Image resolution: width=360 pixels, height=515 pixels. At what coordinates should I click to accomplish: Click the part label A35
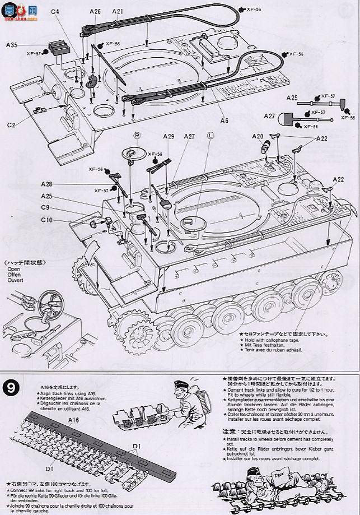pos(12,45)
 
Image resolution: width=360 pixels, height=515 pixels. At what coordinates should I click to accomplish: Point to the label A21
pos(118,11)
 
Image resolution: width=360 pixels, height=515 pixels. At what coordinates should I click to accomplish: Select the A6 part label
pos(223,120)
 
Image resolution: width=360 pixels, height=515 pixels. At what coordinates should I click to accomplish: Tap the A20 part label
pos(258,136)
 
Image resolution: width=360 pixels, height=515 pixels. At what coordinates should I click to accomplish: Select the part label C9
pos(46,208)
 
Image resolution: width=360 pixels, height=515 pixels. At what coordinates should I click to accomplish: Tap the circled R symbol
pos(137,136)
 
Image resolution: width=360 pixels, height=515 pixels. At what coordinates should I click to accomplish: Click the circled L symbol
pos(211,136)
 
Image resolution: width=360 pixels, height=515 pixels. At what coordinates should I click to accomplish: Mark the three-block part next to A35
pos(57,48)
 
